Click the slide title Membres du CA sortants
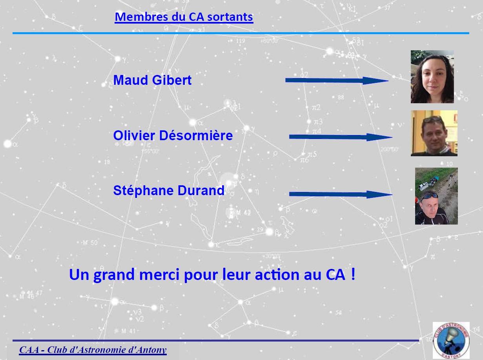pos(184,17)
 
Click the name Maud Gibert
pos(153,80)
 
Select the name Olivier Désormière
pos(173,135)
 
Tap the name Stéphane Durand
pos(169,190)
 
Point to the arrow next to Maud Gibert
pos(337,80)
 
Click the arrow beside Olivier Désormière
pos(341,137)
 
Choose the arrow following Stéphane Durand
pos(341,194)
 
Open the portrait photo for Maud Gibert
pos(432,77)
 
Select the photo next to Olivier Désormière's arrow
pos(434,133)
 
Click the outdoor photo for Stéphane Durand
pos(436,196)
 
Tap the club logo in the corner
pos(451,340)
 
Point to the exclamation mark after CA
pos(353,274)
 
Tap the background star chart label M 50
pos(90,243)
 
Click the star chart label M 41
pos(128,331)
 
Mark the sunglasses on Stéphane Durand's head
pos(429,196)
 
